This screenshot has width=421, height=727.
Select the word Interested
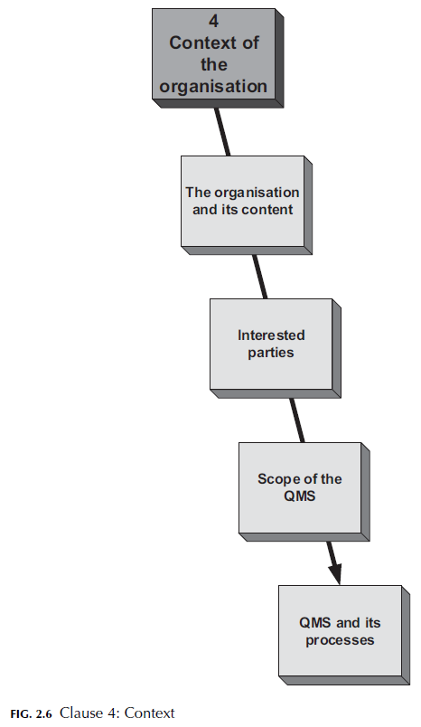coord(271,335)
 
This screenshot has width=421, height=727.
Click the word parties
coord(271,352)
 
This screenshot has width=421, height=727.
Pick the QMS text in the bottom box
coord(316,624)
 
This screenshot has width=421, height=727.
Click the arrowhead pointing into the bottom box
coord(334,573)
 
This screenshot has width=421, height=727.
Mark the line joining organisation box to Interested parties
coord(259,275)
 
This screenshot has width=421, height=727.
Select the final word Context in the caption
coord(149,713)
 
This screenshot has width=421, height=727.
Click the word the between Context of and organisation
coord(213,66)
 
